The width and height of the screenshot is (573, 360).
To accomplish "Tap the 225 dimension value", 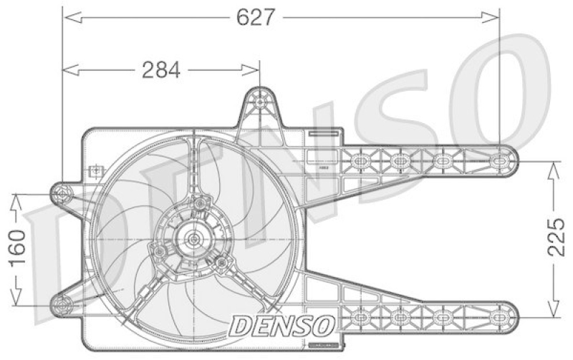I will click(558, 238).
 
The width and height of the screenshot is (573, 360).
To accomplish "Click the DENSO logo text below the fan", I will click(281, 324).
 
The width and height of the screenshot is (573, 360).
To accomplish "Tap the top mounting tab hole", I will click(259, 100).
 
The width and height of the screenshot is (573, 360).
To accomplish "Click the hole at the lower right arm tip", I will click(502, 314).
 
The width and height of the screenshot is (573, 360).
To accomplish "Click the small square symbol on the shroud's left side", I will click(92, 171).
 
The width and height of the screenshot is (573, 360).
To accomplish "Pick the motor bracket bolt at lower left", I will click(158, 252).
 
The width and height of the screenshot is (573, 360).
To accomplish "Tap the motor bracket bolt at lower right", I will click(221, 263).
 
